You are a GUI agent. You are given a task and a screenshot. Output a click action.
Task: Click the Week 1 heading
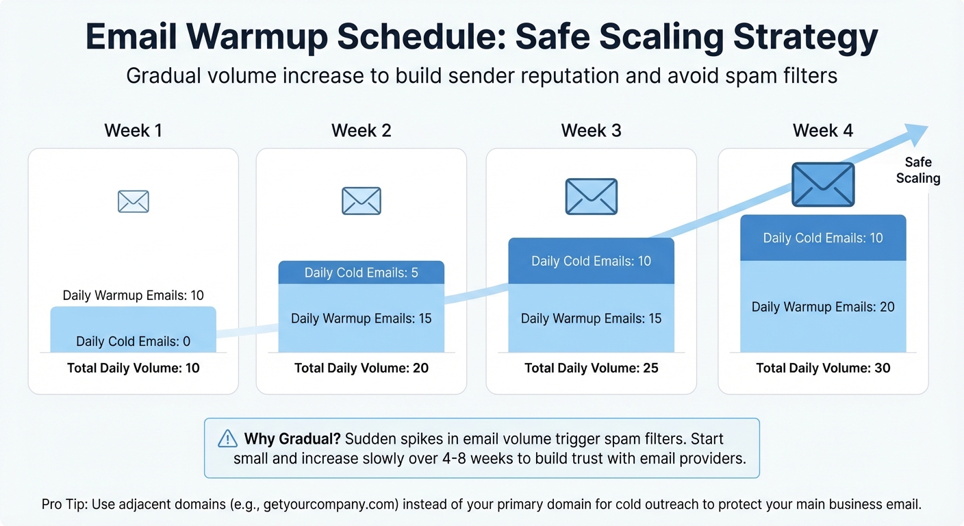pyautogui.click(x=133, y=130)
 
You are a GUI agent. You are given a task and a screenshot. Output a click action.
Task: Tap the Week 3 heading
pyautogui.click(x=591, y=130)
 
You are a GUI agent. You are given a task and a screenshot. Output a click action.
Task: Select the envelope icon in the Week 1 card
pyautogui.click(x=133, y=201)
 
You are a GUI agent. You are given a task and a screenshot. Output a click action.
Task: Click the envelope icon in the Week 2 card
pyautogui.click(x=361, y=201)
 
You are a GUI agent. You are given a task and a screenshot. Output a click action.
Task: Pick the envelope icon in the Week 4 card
pyautogui.click(x=823, y=184)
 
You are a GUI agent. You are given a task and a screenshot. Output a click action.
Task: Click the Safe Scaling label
pyautogui.click(x=918, y=170)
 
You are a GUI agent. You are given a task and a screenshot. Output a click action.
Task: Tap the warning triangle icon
pyautogui.click(x=227, y=438)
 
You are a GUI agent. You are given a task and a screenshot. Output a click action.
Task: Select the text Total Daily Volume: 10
pyautogui.click(x=134, y=368)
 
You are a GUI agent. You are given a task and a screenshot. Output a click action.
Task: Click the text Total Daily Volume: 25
pyautogui.click(x=592, y=368)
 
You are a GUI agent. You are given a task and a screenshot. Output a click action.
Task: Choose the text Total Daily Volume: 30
pyautogui.click(x=823, y=368)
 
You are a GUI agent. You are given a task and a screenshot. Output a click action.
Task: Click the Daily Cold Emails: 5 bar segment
pyautogui.click(x=361, y=273)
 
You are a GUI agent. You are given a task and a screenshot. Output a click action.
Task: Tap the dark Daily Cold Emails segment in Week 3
pyautogui.click(x=592, y=261)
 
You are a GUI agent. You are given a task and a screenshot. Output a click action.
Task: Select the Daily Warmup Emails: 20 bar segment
pyautogui.click(x=823, y=307)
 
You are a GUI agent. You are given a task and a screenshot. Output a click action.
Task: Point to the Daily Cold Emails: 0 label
pyautogui.click(x=134, y=341)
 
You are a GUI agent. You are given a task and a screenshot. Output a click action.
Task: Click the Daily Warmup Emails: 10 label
pyautogui.click(x=134, y=295)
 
